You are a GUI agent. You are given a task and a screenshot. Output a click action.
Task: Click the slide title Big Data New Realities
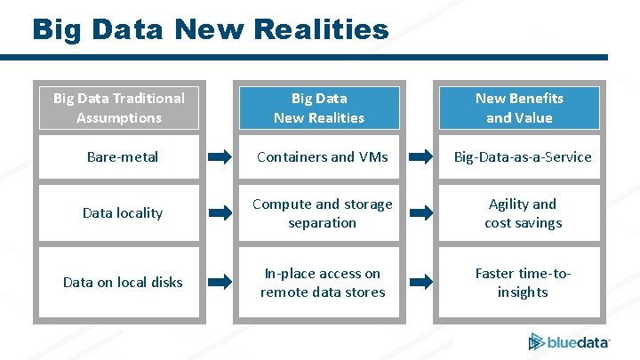tap(210, 28)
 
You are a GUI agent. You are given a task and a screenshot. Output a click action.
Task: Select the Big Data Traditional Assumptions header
tap(119, 108)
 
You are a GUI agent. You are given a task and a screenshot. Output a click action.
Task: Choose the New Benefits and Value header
tap(519, 108)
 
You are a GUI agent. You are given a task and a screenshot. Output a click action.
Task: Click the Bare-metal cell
tap(123, 157)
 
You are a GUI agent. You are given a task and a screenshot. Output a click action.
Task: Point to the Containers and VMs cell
tap(323, 157)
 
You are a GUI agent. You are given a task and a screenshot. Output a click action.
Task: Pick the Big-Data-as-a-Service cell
tap(523, 157)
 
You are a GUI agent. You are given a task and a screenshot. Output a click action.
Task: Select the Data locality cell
tap(123, 213)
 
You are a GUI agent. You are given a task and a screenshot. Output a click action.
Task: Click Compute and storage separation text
tap(323, 213)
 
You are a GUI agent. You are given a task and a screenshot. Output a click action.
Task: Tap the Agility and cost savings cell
tap(523, 213)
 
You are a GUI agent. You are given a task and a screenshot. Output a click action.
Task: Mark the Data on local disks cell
tap(123, 283)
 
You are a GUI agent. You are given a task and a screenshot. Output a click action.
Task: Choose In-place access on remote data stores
tap(323, 283)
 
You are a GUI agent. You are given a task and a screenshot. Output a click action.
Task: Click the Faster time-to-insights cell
tap(523, 283)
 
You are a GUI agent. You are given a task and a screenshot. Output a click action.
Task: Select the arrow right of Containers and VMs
tap(420, 158)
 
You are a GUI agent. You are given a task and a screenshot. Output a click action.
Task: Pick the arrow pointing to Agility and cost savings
tap(420, 213)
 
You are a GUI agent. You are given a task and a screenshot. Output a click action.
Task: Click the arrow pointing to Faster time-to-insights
tap(420, 283)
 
